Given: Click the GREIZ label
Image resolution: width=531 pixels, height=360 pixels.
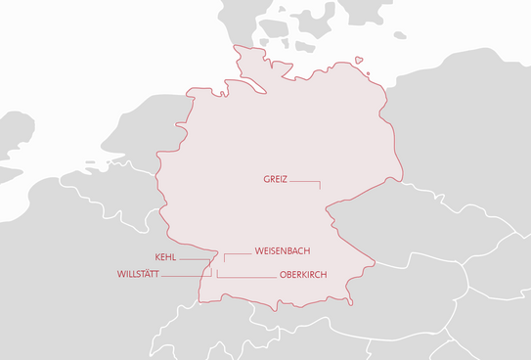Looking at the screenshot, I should pos(275,180).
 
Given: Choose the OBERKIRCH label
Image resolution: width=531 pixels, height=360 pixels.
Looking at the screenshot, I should pos(302,275).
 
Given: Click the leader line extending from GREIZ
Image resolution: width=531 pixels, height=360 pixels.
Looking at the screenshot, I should pos(305,181).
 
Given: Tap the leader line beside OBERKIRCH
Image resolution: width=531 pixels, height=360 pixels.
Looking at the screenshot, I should pos(244,277).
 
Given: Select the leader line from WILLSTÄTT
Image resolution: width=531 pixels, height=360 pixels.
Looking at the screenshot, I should pos(186,276).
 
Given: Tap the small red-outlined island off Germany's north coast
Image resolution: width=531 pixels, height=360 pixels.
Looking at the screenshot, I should pos(359,60).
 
